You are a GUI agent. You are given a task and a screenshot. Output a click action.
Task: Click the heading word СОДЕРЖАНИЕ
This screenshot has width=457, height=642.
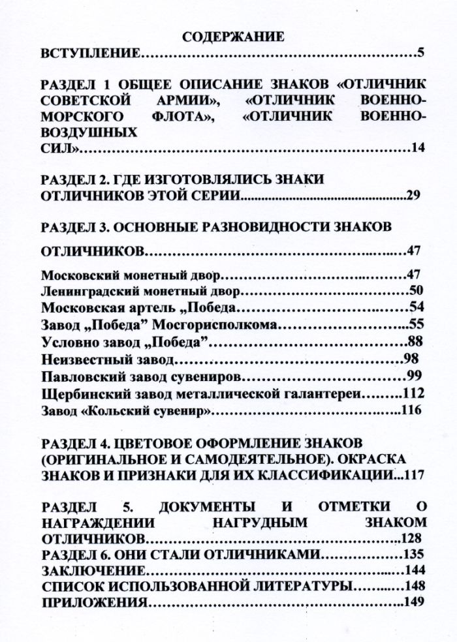(x=233, y=37)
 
